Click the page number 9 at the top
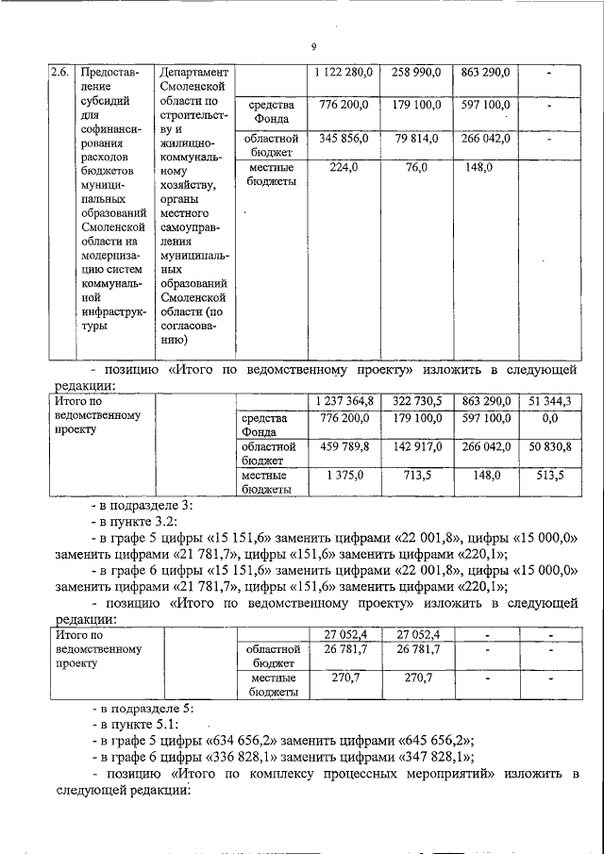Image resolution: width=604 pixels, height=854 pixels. [x=313, y=47]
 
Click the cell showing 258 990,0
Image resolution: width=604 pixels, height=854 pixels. [x=416, y=72]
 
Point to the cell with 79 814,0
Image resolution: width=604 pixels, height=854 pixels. [x=416, y=138]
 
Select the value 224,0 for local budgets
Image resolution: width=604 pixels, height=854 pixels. [x=344, y=168]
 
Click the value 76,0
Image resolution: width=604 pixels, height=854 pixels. [x=416, y=168]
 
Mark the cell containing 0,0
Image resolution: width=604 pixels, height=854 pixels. [x=551, y=417]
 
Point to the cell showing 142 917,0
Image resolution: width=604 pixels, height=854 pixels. [x=416, y=445]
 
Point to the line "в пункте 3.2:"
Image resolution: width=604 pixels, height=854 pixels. [x=139, y=521]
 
